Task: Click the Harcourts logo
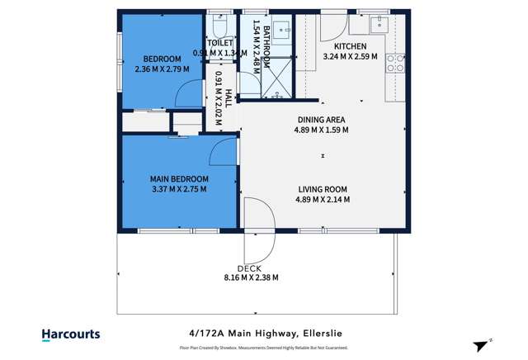[x=71, y=334]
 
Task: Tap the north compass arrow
[x=481, y=346]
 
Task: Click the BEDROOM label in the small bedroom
[x=163, y=59]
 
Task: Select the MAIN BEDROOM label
[x=179, y=178]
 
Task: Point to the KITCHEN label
[x=350, y=46]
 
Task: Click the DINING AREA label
[x=322, y=120]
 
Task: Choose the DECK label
[x=249, y=268]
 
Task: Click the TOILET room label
[x=220, y=43]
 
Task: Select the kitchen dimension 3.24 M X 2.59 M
[x=350, y=57]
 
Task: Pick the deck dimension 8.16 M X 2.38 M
[x=252, y=278]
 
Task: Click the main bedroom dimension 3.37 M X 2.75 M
[x=179, y=189]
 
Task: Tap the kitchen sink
[x=380, y=22]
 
